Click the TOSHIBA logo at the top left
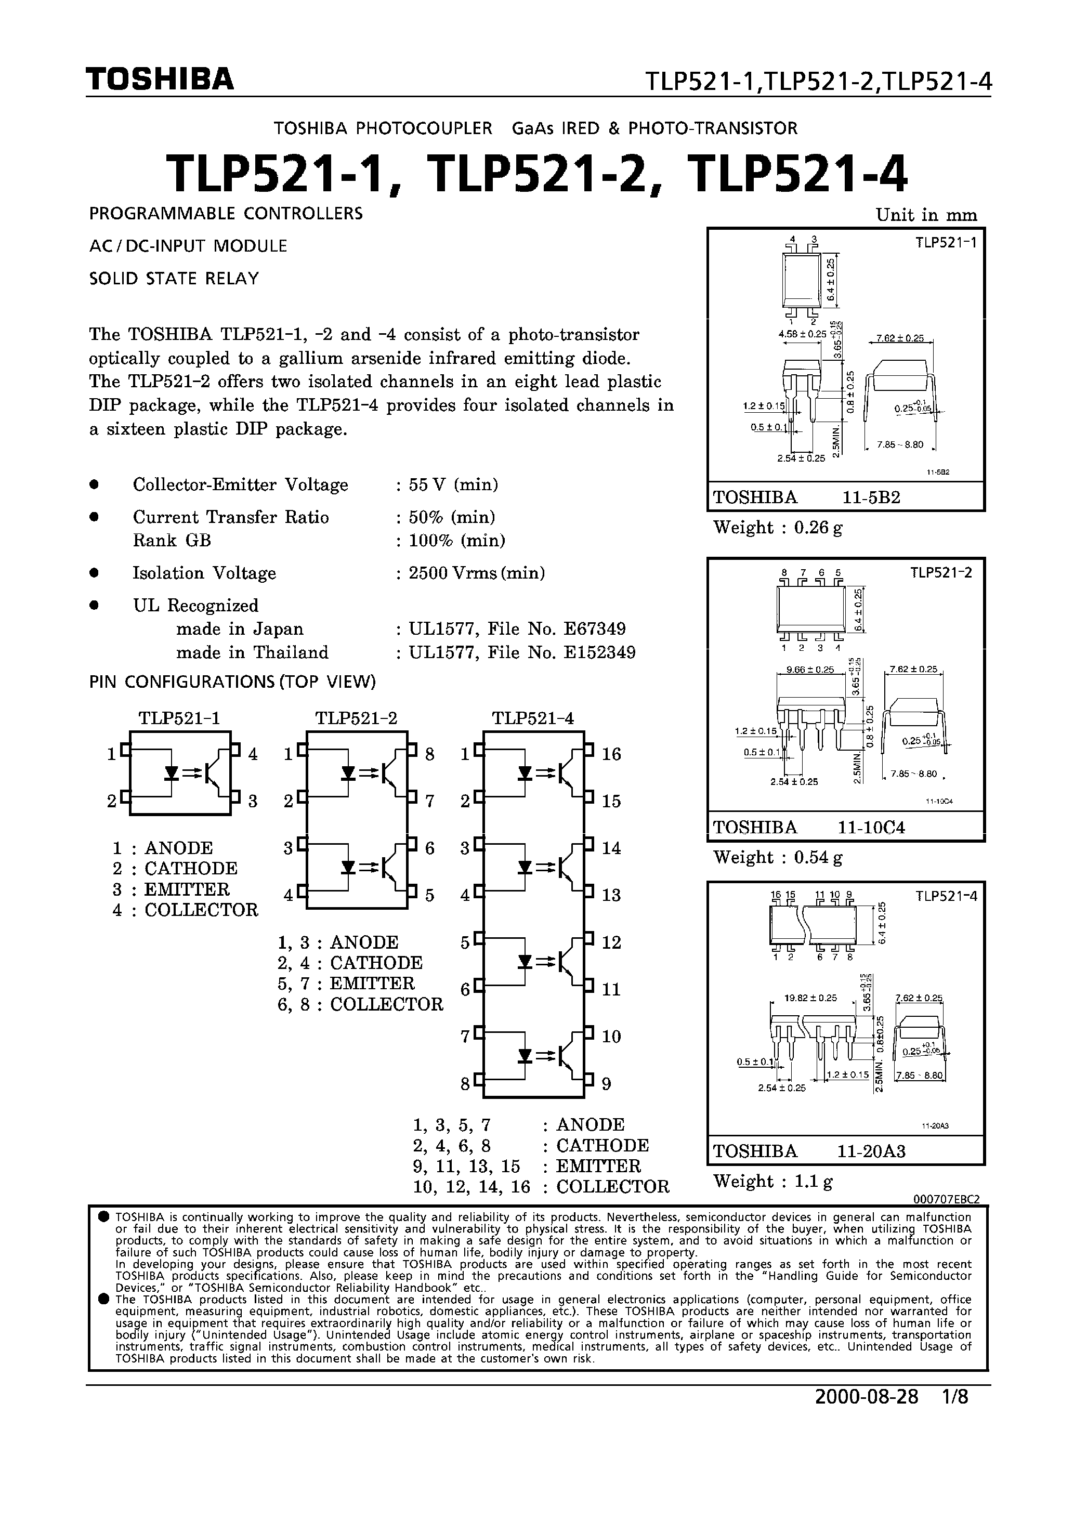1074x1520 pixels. coord(160,79)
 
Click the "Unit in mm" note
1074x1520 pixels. coord(926,215)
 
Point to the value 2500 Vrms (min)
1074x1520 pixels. coord(477,573)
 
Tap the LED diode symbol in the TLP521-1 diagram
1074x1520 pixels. coord(172,772)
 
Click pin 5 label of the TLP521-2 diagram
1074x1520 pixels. coord(430,895)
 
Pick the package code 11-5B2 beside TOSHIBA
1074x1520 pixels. coord(871,497)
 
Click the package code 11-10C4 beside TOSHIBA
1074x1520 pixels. coord(871,828)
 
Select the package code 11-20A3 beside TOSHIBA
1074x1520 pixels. coord(871,1151)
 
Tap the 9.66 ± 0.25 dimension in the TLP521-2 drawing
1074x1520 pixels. coord(809,670)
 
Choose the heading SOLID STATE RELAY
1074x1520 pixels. coord(174,279)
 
